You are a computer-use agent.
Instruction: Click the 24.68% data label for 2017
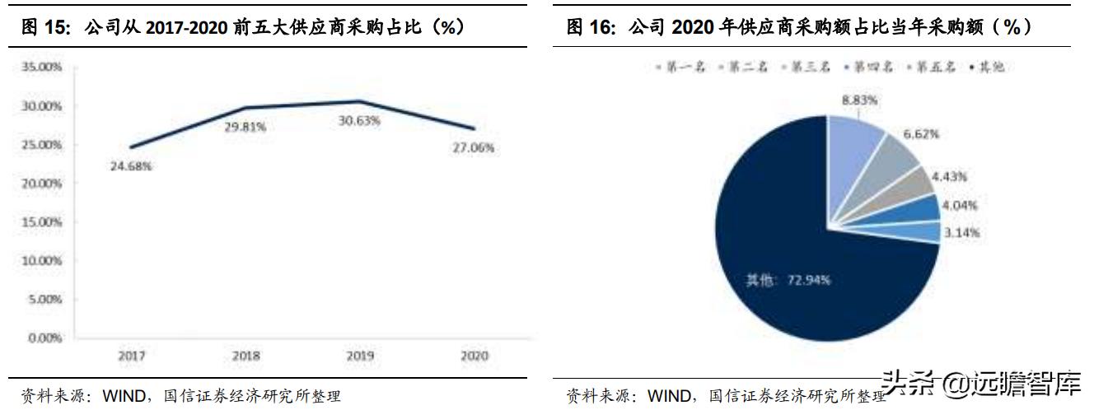(x=132, y=165)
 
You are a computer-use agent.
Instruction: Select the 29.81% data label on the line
(x=247, y=128)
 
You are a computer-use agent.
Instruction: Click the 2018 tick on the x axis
(x=246, y=356)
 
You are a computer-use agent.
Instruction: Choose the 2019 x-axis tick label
(x=361, y=356)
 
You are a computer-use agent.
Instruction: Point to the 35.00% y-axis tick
(x=42, y=68)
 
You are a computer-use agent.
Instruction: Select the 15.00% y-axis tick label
(x=42, y=222)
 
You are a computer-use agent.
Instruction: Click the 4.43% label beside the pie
(x=949, y=176)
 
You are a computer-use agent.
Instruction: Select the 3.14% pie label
(x=961, y=232)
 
